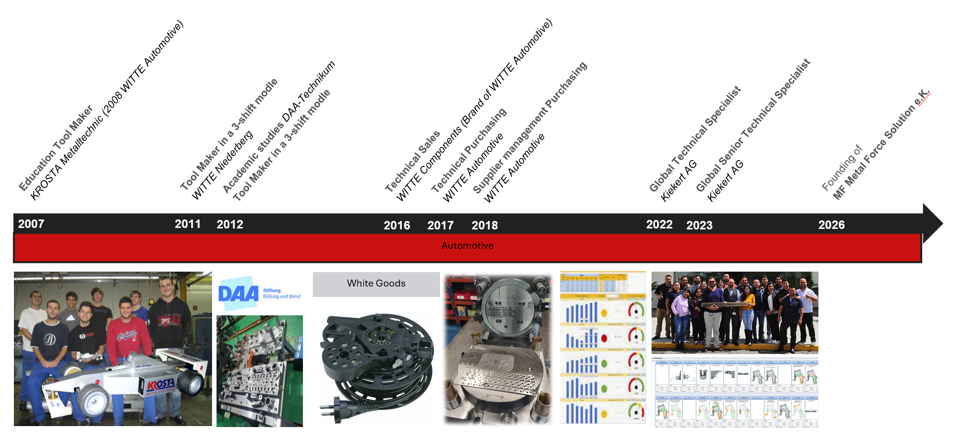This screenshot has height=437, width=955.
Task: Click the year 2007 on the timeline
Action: click(31, 224)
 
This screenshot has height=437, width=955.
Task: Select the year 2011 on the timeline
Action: click(188, 224)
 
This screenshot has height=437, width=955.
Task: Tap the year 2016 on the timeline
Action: click(397, 225)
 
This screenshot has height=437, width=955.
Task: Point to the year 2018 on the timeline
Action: click(485, 225)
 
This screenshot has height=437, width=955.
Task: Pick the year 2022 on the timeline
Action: click(659, 224)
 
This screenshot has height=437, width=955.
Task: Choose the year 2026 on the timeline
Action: click(831, 225)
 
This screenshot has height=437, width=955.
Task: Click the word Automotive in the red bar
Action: click(467, 246)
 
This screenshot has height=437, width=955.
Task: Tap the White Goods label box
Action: click(376, 284)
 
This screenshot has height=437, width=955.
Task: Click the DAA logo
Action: click(239, 294)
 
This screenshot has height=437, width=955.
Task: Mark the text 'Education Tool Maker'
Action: click(56, 148)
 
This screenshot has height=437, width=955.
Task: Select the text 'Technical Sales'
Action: click(412, 161)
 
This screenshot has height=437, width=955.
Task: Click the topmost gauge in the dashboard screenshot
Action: click(636, 310)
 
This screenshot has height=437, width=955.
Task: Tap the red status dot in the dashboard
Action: click(604, 338)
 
